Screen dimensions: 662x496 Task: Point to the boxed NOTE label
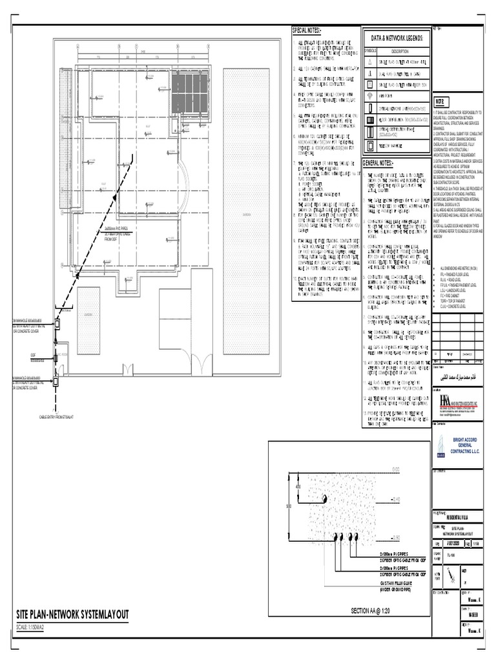coord(440,103)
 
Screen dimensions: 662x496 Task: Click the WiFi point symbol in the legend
coord(370,96)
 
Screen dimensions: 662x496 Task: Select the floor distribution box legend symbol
coord(370,120)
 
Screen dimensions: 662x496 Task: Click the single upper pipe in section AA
coord(325,499)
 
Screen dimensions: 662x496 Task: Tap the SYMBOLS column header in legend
coord(370,50)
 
